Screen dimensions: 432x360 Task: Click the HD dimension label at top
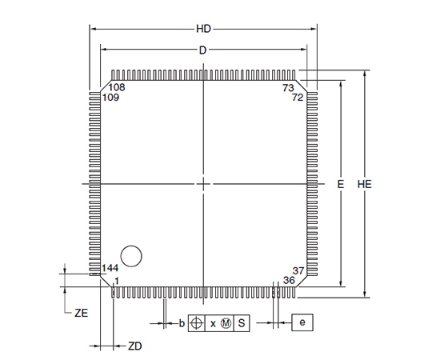pyautogui.click(x=203, y=29)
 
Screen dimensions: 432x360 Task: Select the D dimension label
pyautogui.click(x=202, y=50)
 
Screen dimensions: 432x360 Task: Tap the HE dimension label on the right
pyautogui.click(x=364, y=184)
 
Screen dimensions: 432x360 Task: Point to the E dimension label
pyautogui.click(x=341, y=184)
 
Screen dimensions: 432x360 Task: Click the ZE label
pyautogui.click(x=82, y=313)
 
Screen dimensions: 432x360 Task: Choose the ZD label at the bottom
pyautogui.click(x=134, y=346)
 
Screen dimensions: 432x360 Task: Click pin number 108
pyautogui.click(x=117, y=87)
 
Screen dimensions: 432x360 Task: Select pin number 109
pyautogui.click(x=110, y=98)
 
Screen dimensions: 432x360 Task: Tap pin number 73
pyautogui.click(x=288, y=88)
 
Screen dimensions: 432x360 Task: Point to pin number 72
pyautogui.click(x=298, y=98)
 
